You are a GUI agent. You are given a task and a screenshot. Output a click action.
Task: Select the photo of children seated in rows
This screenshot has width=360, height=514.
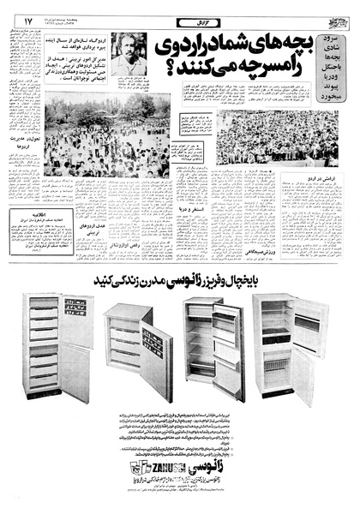[x=276, y=137]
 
